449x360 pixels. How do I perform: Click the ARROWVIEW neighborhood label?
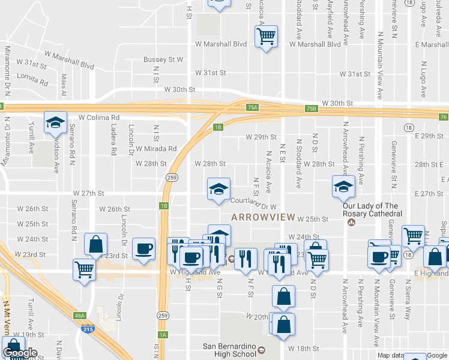(262, 217)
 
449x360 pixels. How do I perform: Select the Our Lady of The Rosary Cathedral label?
(372, 210)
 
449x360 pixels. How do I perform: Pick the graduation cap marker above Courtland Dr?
(218, 190)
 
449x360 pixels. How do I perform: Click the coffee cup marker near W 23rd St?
(143, 248)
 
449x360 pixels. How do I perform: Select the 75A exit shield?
(253, 108)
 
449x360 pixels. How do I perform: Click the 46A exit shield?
(79, 314)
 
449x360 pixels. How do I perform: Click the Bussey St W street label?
(163, 59)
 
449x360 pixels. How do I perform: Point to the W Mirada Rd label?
(156, 149)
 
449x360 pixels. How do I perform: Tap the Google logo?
(20, 353)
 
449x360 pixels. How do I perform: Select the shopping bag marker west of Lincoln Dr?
(96, 244)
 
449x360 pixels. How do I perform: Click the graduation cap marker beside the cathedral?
(344, 187)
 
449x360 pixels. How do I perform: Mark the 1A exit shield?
(162, 335)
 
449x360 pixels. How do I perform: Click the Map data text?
(390, 355)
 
